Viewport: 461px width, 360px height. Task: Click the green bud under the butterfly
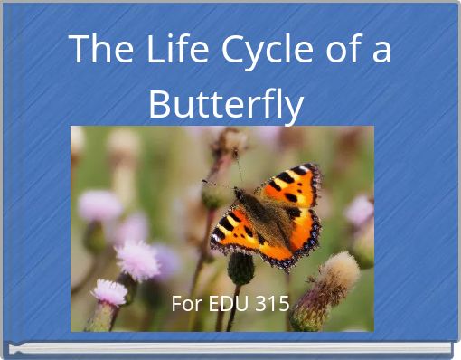click(240, 269)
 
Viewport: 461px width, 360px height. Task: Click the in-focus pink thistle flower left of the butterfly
click(136, 260)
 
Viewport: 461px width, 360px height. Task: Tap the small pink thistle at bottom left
click(109, 292)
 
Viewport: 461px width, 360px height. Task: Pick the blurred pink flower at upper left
click(99, 206)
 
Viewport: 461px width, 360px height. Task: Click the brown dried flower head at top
click(233, 141)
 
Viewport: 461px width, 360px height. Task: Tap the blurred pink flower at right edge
click(360, 212)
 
